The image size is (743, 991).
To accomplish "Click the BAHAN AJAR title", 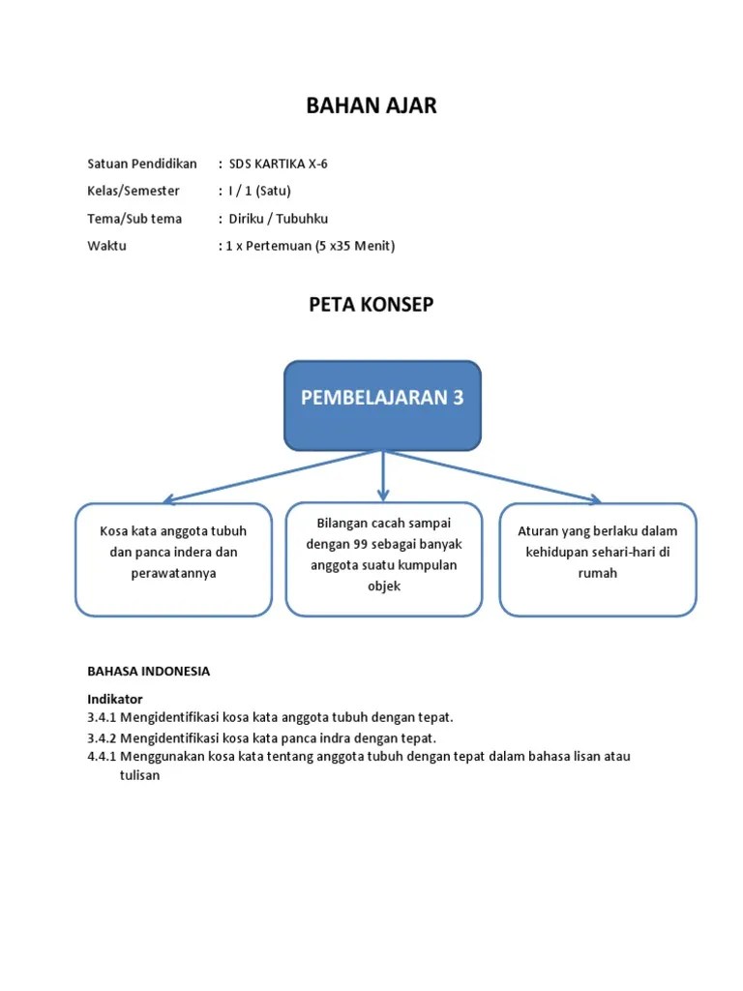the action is pyautogui.click(x=371, y=105).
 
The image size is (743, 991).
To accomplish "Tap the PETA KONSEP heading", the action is pyautogui.click(x=371, y=305).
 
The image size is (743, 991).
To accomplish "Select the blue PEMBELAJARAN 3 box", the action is pyautogui.click(x=382, y=405).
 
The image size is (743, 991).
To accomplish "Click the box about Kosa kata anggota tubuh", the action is pyautogui.click(x=173, y=559).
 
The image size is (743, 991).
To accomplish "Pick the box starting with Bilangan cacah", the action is pyautogui.click(x=384, y=558).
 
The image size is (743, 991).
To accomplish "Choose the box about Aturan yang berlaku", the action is pyautogui.click(x=598, y=559).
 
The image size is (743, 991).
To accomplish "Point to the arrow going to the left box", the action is pyautogui.click(x=261, y=477).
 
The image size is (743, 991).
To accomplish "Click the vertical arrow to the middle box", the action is pyautogui.click(x=383, y=476).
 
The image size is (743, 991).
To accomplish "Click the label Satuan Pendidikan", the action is pyautogui.click(x=142, y=164).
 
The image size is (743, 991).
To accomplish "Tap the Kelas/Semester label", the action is pyautogui.click(x=134, y=191).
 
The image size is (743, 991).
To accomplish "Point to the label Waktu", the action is pyautogui.click(x=106, y=246).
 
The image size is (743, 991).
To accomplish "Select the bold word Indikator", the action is pyautogui.click(x=115, y=698).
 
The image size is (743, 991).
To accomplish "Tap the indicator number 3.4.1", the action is pyautogui.click(x=102, y=717).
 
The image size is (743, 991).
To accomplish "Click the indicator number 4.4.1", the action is pyautogui.click(x=102, y=757).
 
